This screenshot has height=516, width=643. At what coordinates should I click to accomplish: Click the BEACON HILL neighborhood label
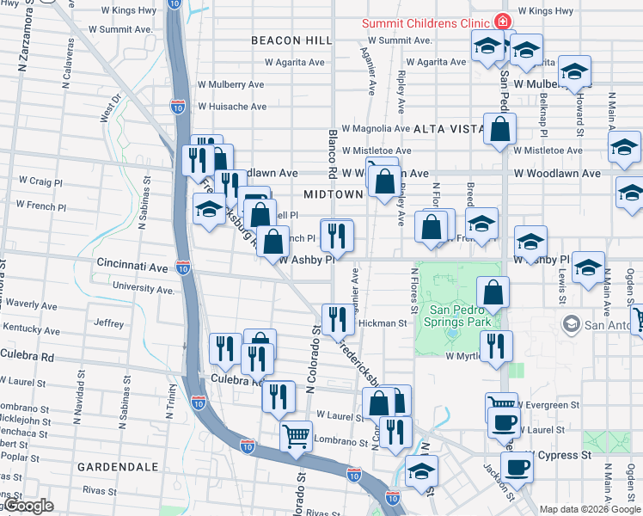pyautogui.click(x=289, y=40)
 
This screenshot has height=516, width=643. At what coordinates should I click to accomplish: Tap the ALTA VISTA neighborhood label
pyautogui.click(x=450, y=128)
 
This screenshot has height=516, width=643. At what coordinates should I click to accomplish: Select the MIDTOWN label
pyautogui.click(x=333, y=194)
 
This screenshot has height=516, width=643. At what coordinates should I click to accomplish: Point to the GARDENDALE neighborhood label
pyautogui.click(x=118, y=466)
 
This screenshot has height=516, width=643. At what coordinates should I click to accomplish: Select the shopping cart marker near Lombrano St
pyautogui.click(x=296, y=436)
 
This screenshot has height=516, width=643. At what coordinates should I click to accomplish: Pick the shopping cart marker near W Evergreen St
pyautogui.click(x=501, y=404)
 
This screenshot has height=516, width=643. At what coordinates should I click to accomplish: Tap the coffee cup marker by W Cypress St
pyautogui.click(x=517, y=467)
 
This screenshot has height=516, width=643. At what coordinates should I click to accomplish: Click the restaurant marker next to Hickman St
pyautogui.click(x=338, y=319)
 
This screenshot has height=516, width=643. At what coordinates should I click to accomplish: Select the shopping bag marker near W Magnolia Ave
pyautogui.click(x=500, y=130)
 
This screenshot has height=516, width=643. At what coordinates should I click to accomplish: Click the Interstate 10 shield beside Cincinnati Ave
pyautogui.click(x=182, y=267)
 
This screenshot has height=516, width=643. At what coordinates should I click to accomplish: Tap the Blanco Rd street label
pyautogui.click(x=332, y=146)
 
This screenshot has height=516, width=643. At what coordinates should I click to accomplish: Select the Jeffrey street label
pyautogui.click(x=108, y=323)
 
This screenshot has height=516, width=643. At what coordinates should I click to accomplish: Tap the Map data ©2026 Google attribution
pyautogui.click(x=588, y=509)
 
